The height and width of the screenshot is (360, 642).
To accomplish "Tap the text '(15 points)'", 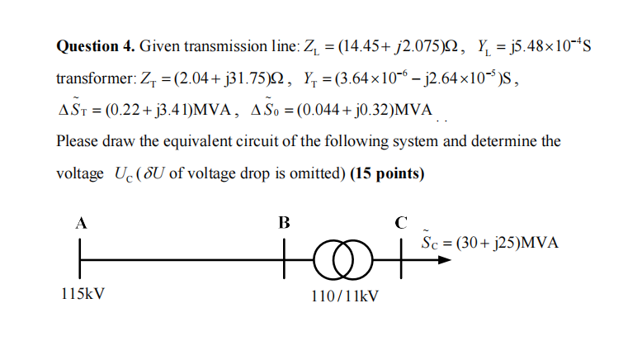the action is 387,174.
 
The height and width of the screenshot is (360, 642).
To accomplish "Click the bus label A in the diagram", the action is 81,222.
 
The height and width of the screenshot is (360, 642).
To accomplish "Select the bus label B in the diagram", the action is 284,222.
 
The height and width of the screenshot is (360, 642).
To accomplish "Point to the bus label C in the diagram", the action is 401,222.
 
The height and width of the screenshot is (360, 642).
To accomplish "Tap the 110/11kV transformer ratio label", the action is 345,294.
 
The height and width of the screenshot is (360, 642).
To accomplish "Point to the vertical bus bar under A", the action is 81,257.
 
